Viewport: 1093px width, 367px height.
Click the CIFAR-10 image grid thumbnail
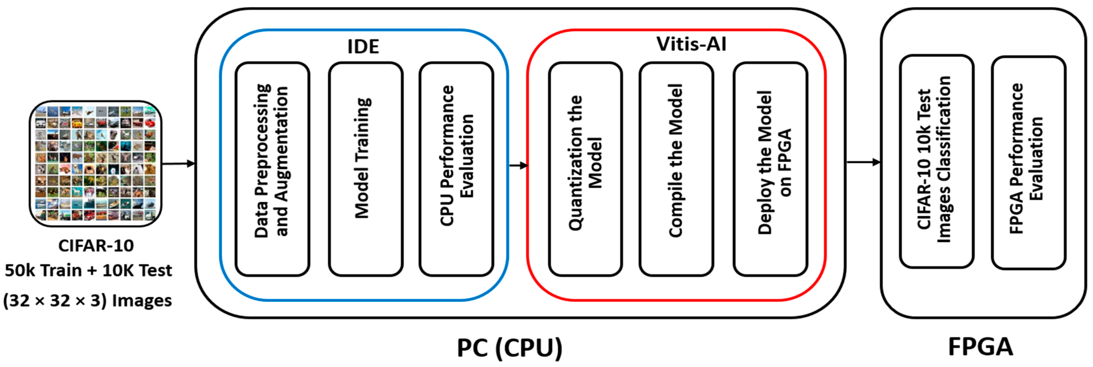point(96,164)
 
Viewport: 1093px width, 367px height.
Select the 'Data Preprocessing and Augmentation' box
point(272,169)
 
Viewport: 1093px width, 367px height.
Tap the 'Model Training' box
point(365,169)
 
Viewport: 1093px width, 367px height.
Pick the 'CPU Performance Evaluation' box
point(456,169)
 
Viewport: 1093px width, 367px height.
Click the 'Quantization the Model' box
point(585,169)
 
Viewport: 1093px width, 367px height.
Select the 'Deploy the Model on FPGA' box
point(770,169)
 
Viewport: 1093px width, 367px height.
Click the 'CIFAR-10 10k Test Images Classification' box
point(937,161)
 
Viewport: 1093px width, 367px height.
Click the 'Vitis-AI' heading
point(691,44)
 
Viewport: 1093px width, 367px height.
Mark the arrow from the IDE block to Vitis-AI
point(518,165)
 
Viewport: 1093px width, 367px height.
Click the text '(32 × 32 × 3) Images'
point(87,301)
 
